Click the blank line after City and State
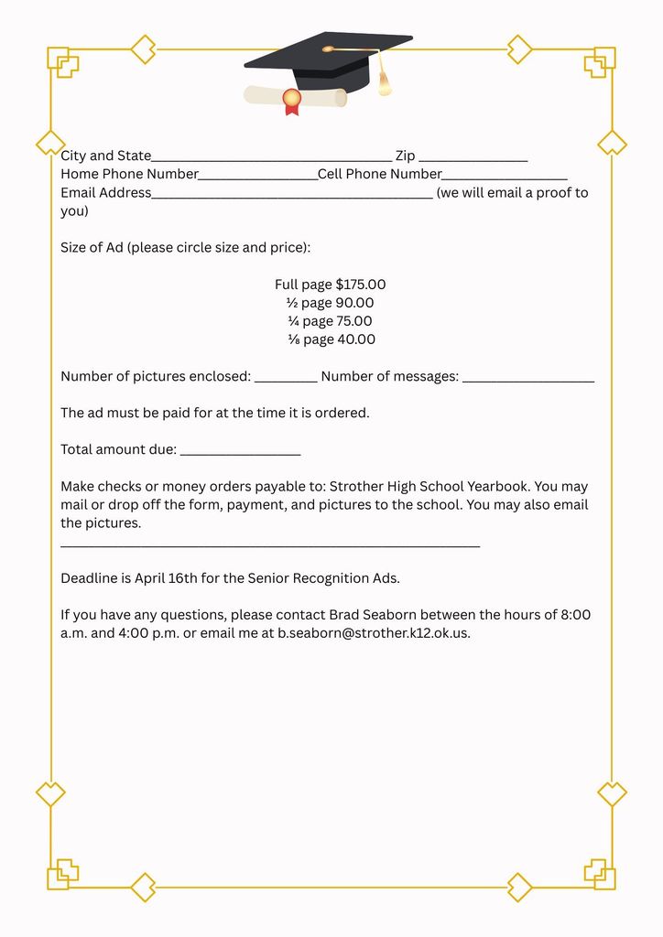pyautogui.click(x=272, y=158)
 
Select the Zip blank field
pyautogui.click(x=473, y=158)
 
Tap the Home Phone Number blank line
pyautogui.click(x=258, y=177)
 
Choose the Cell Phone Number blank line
pyautogui.click(x=505, y=177)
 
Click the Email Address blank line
pyautogui.click(x=292, y=195)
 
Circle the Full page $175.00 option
pyautogui.click(x=331, y=285)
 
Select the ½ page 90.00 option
pyautogui.click(x=331, y=303)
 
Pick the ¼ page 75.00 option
pyautogui.click(x=331, y=321)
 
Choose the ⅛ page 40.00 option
pyautogui.click(x=331, y=339)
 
